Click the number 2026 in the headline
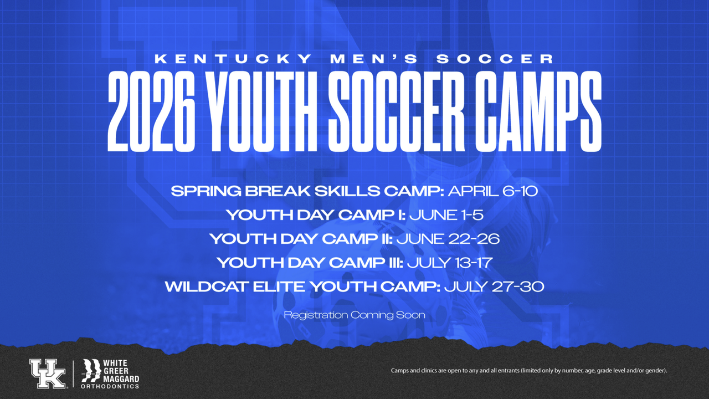point(152,111)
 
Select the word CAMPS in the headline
point(538,111)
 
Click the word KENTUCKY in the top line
point(233,59)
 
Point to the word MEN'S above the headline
point(374,59)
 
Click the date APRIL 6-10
point(493,191)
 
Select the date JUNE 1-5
point(446,215)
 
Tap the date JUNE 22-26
point(448,239)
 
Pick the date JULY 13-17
point(450,263)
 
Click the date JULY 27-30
point(494,287)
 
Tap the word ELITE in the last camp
point(280,287)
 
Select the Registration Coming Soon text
point(354,315)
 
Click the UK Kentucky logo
point(48,374)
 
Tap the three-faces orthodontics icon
point(91,371)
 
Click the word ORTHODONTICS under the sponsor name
point(110,386)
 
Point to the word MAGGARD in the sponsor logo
point(121,378)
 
